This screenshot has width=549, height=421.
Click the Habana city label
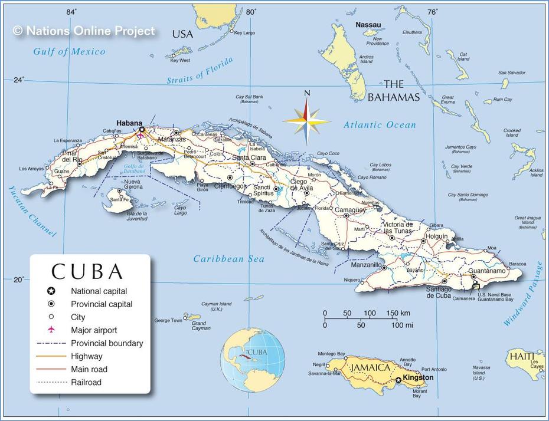[129, 123]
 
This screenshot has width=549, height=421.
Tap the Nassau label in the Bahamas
[368, 25]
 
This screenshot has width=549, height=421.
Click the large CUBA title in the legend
[87, 271]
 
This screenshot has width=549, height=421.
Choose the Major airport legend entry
[93, 330]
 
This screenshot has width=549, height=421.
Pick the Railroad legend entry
[86, 382]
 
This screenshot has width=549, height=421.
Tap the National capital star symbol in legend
[51, 291]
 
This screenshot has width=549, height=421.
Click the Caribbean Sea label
[229, 259]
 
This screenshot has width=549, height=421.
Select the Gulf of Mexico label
[69, 52]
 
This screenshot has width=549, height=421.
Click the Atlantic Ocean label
[380, 125]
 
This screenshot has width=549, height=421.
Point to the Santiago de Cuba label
[439, 292]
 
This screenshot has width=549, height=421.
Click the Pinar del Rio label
[71, 156]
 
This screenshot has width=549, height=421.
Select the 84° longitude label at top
[71, 12]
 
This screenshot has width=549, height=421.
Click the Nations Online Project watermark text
[84, 31]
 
